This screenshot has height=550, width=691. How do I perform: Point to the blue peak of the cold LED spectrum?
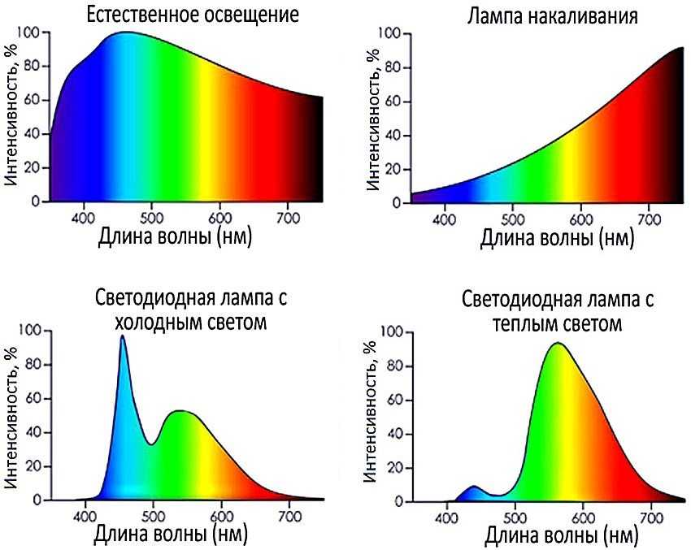(x=123, y=336)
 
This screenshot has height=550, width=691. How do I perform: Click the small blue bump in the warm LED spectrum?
(x=474, y=487)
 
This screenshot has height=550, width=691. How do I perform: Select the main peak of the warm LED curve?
(x=558, y=344)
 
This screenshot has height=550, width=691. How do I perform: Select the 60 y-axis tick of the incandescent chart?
(x=393, y=102)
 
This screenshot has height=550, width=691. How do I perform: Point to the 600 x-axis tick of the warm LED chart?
(x=583, y=518)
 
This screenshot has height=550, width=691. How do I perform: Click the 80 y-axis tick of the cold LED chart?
(x=31, y=365)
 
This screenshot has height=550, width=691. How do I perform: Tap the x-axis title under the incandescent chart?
(x=557, y=239)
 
